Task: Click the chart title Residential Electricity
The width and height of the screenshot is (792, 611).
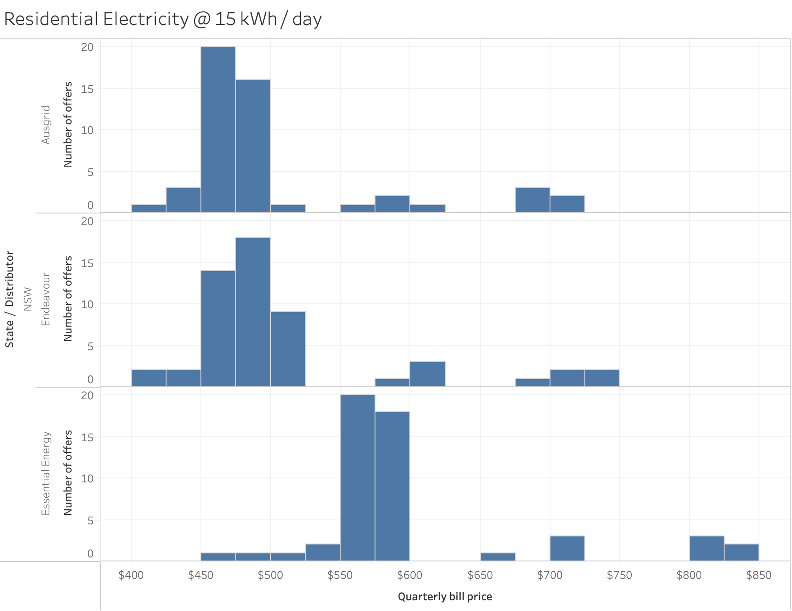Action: (x=163, y=19)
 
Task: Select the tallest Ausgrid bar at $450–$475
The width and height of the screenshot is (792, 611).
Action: (x=218, y=130)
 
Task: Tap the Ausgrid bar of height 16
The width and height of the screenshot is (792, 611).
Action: (x=253, y=146)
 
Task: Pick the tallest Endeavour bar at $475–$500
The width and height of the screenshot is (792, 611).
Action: (x=253, y=312)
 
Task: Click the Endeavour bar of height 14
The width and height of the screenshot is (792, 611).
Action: (x=218, y=329)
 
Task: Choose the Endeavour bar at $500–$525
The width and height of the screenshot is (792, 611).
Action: (x=288, y=349)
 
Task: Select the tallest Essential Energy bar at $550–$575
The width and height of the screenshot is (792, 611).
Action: (x=358, y=478)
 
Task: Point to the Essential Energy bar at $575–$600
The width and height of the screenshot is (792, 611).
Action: (x=392, y=486)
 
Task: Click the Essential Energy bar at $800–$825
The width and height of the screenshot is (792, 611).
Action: (x=707, y=548)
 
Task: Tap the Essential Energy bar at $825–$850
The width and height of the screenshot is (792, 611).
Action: (x=742, y=552)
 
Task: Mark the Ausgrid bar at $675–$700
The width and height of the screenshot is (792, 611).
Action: (x=533, y=200)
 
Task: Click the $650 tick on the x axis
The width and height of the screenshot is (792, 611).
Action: (x=480, y=575)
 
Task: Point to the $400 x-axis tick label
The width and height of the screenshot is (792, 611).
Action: (x=131, y=575)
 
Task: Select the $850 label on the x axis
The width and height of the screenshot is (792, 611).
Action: (x=759, y=575)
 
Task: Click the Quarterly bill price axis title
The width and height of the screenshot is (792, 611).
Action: (x=445, y=597)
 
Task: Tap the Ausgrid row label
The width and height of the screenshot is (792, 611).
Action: (x=46, y=125)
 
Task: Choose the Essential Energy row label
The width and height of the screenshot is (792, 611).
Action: (x=46, y=473)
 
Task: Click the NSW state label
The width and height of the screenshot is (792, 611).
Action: (x=28, y=299)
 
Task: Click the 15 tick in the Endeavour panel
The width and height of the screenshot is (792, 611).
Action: (x=88, y=263)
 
